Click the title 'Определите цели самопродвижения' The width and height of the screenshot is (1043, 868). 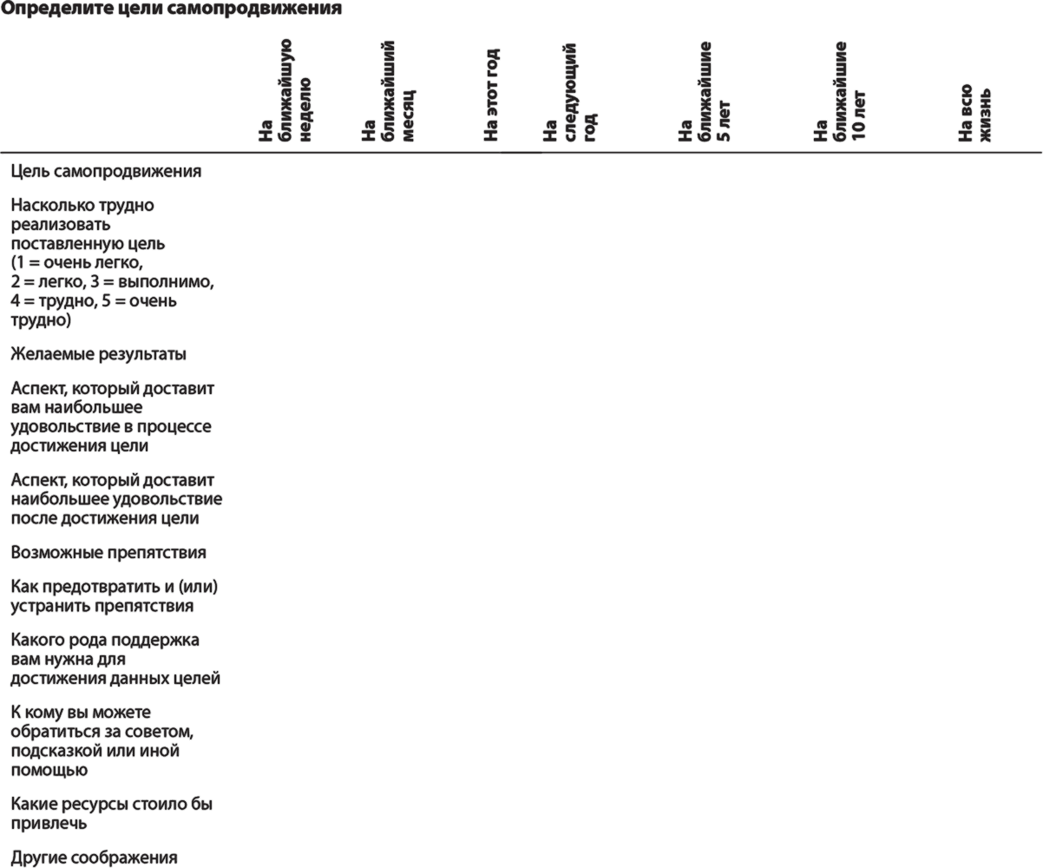click(171, 9)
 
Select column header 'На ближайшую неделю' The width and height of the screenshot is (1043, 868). click(285, 90)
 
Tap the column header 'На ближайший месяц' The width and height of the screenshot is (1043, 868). click(388, 91)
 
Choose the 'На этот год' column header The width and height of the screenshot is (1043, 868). click(491, 95)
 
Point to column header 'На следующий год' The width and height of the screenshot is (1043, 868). click(569, 93)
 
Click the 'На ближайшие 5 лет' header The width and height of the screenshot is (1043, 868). click(705, 91)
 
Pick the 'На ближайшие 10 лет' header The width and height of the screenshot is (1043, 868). click(839, 91)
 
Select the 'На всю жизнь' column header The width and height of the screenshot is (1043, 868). click(974, 113)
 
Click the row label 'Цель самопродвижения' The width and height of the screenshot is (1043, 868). click(106, 172)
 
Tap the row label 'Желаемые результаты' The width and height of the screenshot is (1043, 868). click(98, 354)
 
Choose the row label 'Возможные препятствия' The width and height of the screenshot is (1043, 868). click(108, 553)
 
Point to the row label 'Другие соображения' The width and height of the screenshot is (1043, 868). click(94, 858)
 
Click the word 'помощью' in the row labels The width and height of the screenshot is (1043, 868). click(49, 770)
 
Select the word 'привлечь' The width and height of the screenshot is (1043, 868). click(49, 824)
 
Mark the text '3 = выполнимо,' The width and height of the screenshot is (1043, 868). click(152, 282)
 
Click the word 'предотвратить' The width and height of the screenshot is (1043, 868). click(105, 587)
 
